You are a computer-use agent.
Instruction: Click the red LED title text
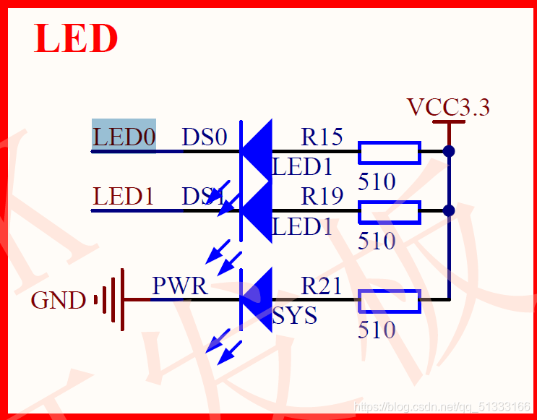(x=76, y=39)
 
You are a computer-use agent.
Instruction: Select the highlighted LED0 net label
(x=124, y=137)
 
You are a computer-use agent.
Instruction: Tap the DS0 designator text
(x=205, y=137)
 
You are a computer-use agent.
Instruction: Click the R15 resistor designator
(x=322, y=136)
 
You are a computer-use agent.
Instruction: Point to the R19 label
(x=322, y=195)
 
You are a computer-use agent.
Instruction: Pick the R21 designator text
(x=322, y=286)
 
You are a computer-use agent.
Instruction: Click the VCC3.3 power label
(x=448, y=107)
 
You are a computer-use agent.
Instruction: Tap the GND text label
(x=59, y=300)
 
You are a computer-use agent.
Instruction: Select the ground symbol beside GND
(x=112, y=299)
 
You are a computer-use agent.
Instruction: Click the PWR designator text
(x=179, y=286)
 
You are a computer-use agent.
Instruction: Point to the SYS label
(x=295, y=316)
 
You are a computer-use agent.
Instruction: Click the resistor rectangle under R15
(x=390, y=153)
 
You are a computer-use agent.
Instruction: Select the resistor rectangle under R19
(x=390, y=212)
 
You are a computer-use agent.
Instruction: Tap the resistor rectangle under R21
(x=390, y=301)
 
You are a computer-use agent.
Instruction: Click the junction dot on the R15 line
(x=449, y=152)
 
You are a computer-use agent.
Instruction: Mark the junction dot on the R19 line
(x=449, y=210)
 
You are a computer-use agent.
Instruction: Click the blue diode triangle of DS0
(x=257, y=151)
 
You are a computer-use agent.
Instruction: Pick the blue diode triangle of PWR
(x=257, y=299)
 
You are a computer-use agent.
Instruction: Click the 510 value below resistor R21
(x=377, y=330)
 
